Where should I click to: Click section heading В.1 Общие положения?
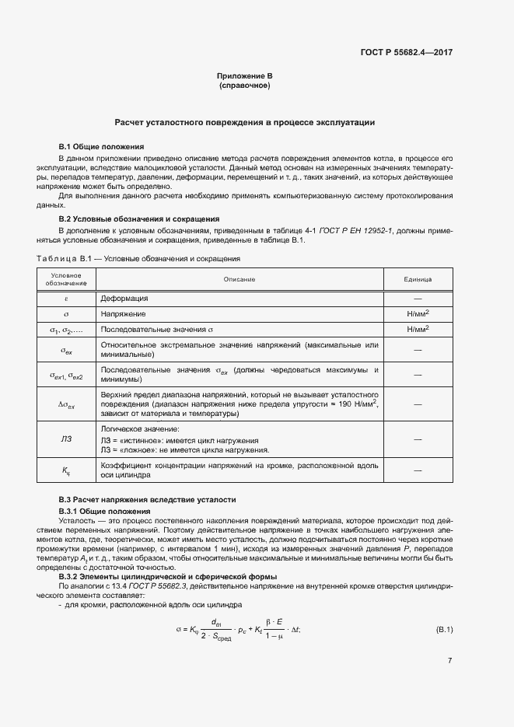click(x=101, y=146)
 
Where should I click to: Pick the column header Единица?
click(x=418, y=278)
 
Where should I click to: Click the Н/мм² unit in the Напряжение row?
click(x=418, y=313)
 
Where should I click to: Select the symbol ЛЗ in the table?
click(x=66, y=439)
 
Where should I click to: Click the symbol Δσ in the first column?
click(x=66, y=404)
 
